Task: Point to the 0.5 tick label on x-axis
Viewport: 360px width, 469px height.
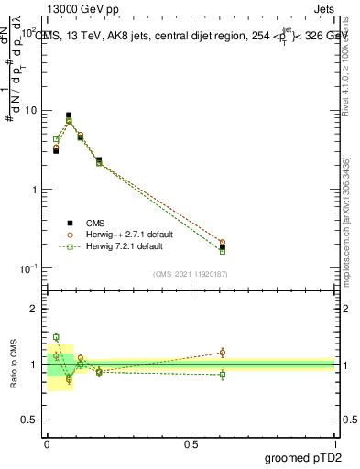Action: pyautogui.click(x=191, y=444)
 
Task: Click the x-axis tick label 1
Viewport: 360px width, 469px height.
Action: pyautogui.click(x=335, y=444)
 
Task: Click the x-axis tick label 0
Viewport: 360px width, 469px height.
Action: pyautogui.click(x=47, y=444)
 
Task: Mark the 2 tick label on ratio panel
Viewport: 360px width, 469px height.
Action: pyautogui.click(x=34, y=309)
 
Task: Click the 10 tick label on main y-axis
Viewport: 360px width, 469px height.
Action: pyautogui.click(x=31, y=110)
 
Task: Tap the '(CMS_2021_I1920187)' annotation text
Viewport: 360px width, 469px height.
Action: pyautogui.click(x=191, y=274)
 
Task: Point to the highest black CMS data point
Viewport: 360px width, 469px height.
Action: pyautogui.click(x=69, y=115)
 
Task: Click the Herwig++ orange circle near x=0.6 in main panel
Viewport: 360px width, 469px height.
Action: pyautogui.click(x=223, y=243)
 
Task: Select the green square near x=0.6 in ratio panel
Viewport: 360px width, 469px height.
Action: pyautogui.click(x=223, y=374)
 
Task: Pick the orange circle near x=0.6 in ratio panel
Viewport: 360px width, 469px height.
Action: pyautogui.click(x=223, y=352)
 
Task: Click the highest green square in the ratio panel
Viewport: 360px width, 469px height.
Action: pyautogui.click(x=56, y=337)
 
